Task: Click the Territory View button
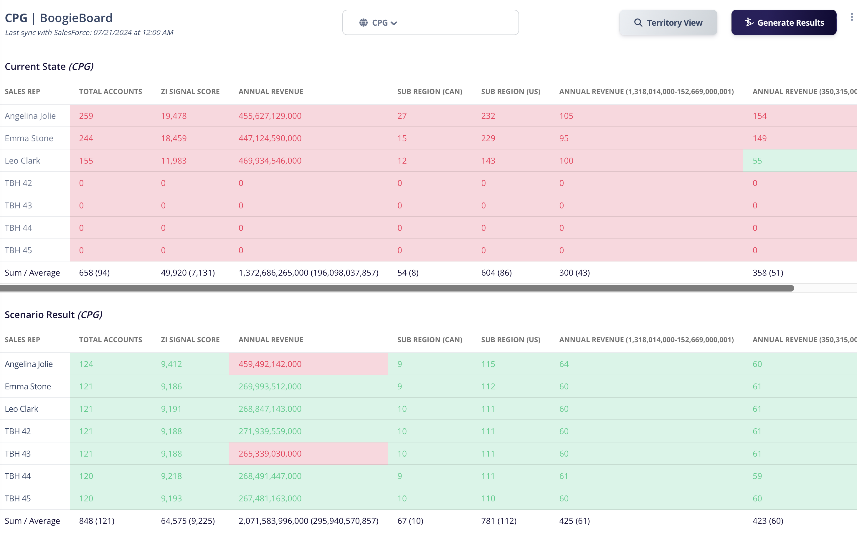coord(668,22)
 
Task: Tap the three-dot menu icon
coord(851,17)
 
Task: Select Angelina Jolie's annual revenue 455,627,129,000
coord(270,116)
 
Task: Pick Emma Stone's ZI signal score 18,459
coord(174,138)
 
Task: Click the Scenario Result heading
coord(53,315)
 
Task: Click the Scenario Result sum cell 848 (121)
coord(96,521)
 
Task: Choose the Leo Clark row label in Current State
coord(22,161)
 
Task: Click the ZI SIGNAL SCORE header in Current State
coord(190,92)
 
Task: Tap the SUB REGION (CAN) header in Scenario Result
coord(430,340)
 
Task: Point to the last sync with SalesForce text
coord(89,32)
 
